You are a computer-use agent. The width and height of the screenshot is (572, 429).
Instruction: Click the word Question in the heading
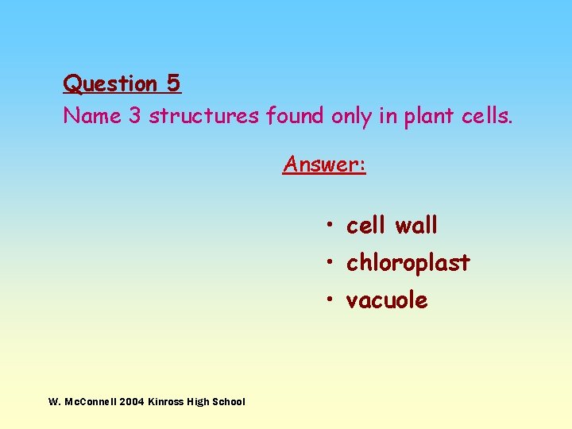pos(110,83)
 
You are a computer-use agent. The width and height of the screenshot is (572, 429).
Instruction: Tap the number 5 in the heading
pos(173,83)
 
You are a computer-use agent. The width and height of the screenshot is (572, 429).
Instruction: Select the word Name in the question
pos(91,116)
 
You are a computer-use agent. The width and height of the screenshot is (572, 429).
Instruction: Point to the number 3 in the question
pos(134,116)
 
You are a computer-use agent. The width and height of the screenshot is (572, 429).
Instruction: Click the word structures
pos(204,116)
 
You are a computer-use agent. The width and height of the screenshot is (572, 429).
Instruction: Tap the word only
pos(351,117)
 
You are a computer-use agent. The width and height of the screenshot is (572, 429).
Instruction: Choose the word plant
pos(428,117)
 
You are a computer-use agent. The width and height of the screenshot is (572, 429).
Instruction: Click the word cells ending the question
pos(487,116)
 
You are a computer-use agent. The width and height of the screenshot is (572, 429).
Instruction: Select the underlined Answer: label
pos(324,164)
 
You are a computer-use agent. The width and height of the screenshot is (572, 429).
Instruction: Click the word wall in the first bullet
pos(415,226)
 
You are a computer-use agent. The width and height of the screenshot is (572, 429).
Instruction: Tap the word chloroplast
pos(408,263)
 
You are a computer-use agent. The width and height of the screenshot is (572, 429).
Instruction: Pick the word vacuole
pos(387,300)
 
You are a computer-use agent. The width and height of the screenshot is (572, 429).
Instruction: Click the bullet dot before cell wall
pos(328,226)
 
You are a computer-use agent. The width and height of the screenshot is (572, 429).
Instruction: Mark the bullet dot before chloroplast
pos(328,262)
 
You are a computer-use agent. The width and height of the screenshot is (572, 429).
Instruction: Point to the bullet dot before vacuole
pos(328,300)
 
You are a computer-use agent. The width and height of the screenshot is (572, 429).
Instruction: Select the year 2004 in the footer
pos(133,402)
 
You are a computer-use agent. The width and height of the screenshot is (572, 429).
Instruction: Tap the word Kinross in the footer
pos(165,402)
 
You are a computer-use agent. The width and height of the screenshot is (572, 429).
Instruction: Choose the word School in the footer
pos(229,402)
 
